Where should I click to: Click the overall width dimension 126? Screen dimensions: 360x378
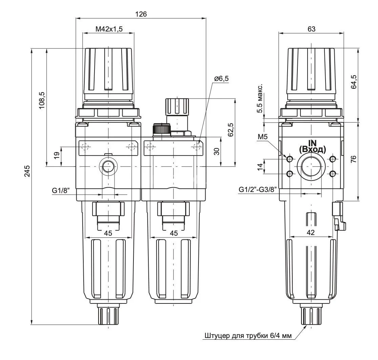(141, 14)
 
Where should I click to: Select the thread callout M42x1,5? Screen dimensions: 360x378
(109, 29)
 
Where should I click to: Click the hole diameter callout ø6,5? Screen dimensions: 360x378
(222, 79)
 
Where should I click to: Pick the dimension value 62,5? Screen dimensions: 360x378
(231, 130)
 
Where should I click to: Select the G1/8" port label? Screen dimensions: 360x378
(61, 191)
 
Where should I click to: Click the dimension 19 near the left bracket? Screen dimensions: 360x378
(57, 155)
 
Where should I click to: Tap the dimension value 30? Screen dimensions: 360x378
(217, 151)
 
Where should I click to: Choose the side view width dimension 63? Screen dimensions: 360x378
(311, 29)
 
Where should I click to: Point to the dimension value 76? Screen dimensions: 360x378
(354, 160)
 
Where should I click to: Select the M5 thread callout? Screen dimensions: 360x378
(263, 137)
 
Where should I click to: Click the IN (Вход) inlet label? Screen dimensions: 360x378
(312, 146)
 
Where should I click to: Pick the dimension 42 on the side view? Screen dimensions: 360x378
(310, 232)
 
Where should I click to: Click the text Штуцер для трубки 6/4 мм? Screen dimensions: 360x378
(248, 336)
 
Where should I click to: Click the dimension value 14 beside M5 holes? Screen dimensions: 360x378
(260, 167)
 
